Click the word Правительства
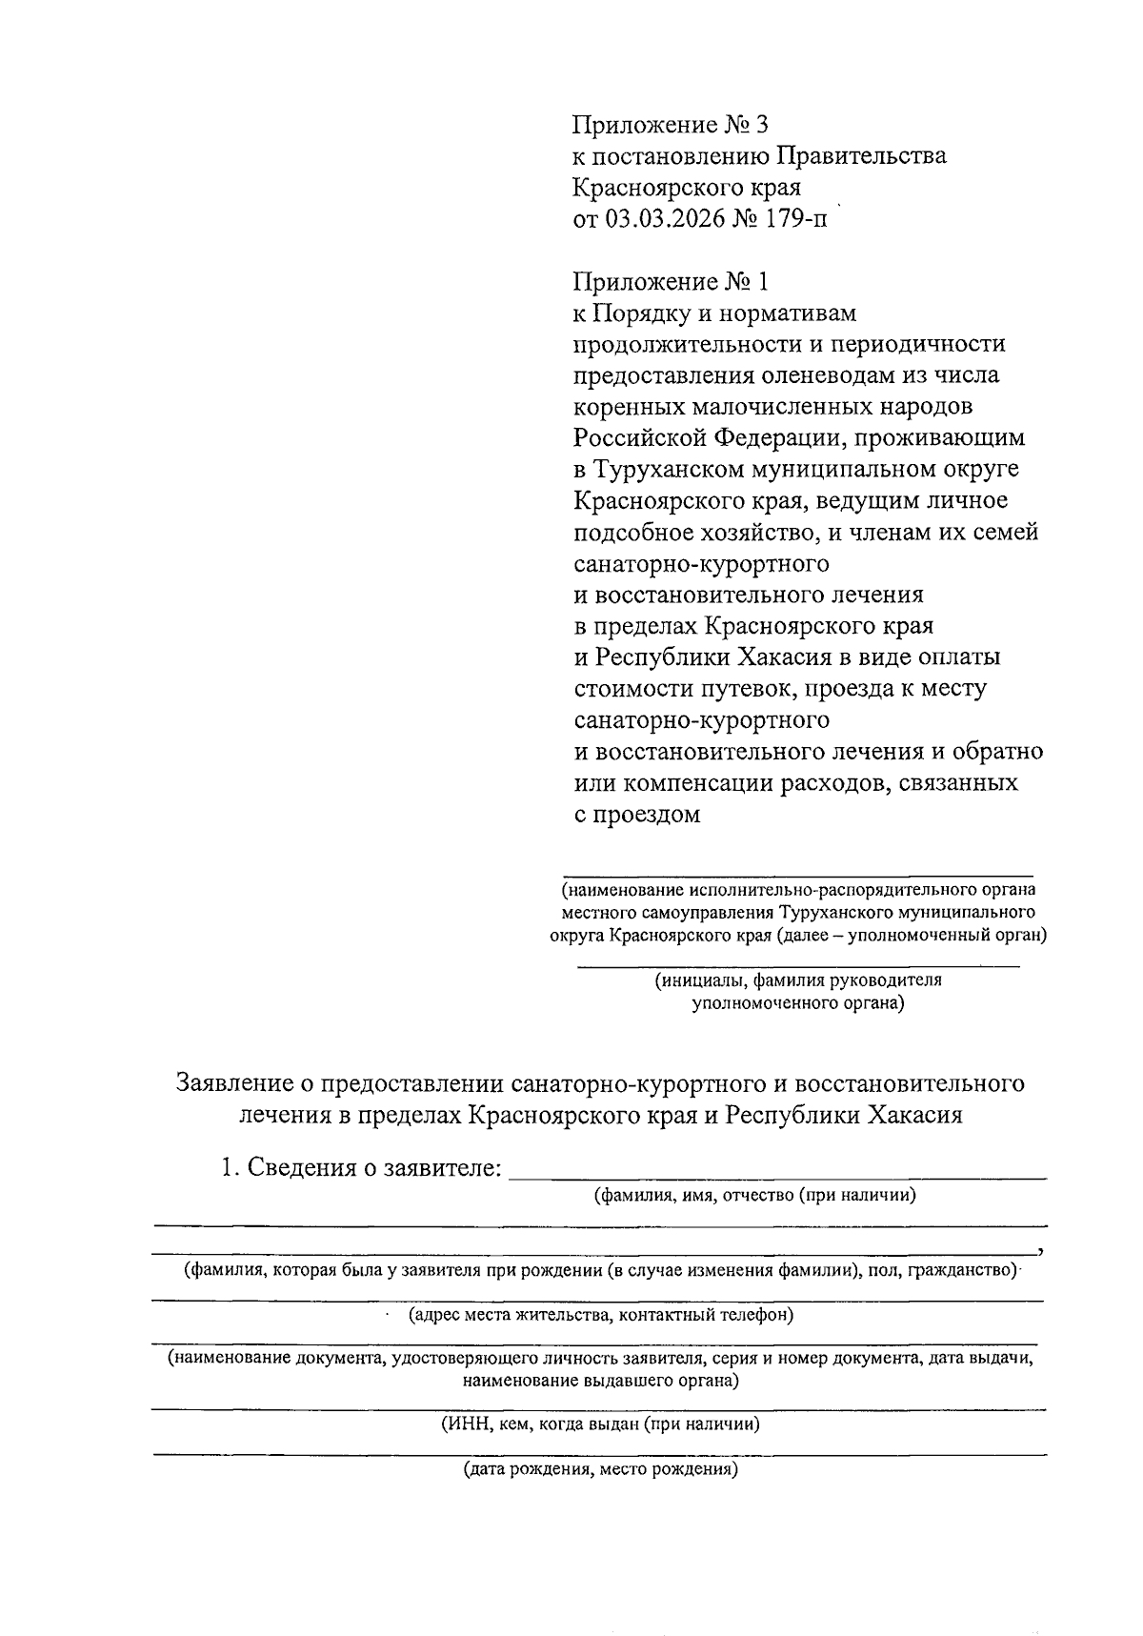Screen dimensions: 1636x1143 (862, 156)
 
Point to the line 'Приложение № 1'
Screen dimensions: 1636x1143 (669, 282)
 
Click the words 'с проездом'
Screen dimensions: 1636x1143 (637, 815)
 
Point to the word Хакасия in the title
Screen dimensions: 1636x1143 (914, 1115)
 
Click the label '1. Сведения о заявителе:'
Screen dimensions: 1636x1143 (361, 1168)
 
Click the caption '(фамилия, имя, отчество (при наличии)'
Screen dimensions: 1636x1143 (754, 1196)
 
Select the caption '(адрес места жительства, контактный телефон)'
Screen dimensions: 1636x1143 (601, 1316)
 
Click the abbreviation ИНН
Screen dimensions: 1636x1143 (465, 1425)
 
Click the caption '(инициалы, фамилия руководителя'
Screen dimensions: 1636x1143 (796, 980)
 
